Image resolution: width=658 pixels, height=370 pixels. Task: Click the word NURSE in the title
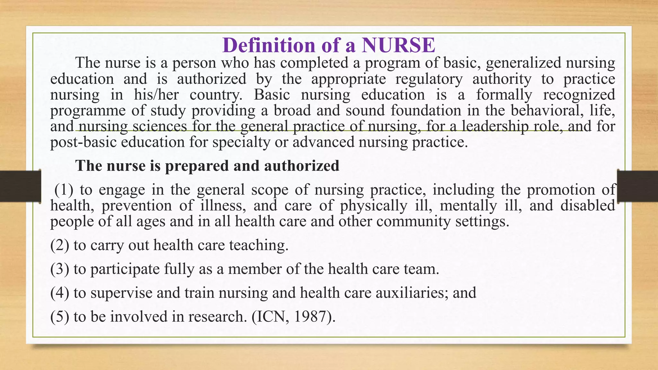(398, 45)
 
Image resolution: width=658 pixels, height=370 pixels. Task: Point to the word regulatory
(429, 79)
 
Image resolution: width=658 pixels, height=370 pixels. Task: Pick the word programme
(88, 111)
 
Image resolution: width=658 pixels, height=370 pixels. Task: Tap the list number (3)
(60, 269)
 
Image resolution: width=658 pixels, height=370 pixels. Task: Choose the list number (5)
(60, 316)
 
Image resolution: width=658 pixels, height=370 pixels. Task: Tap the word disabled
(588, 206)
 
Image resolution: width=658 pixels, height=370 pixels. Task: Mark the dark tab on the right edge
(637, 186)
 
